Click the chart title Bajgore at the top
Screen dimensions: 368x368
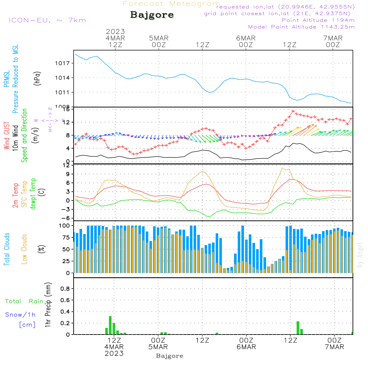tap(152, 15)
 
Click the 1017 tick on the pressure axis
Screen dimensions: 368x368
tap(65, 63)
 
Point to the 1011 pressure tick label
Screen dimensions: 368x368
tap(65, 92)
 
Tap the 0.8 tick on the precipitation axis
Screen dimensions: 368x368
tap(65, 289)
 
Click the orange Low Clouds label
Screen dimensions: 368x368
tap(24, 249)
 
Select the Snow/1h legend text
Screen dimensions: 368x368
tap(21, 315)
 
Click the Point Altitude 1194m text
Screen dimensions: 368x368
tap(318, 20)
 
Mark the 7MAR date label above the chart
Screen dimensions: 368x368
tap(333, 38)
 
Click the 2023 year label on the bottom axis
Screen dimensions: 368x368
tap(114, 354)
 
